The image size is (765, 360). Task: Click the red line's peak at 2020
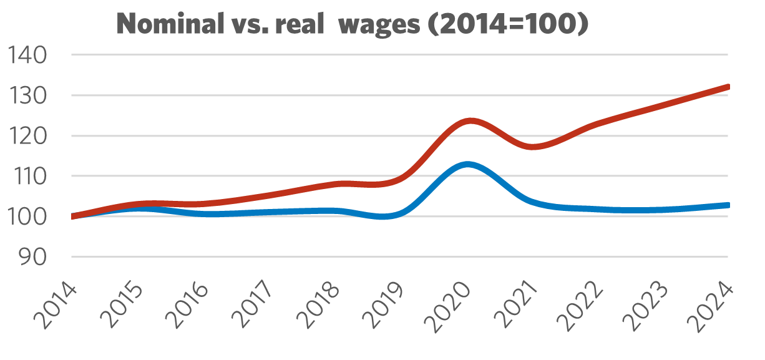tap(470, 120)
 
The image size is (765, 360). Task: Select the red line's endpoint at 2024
tap(727, 87)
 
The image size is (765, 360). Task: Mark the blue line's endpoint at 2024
tap(727, 205)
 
